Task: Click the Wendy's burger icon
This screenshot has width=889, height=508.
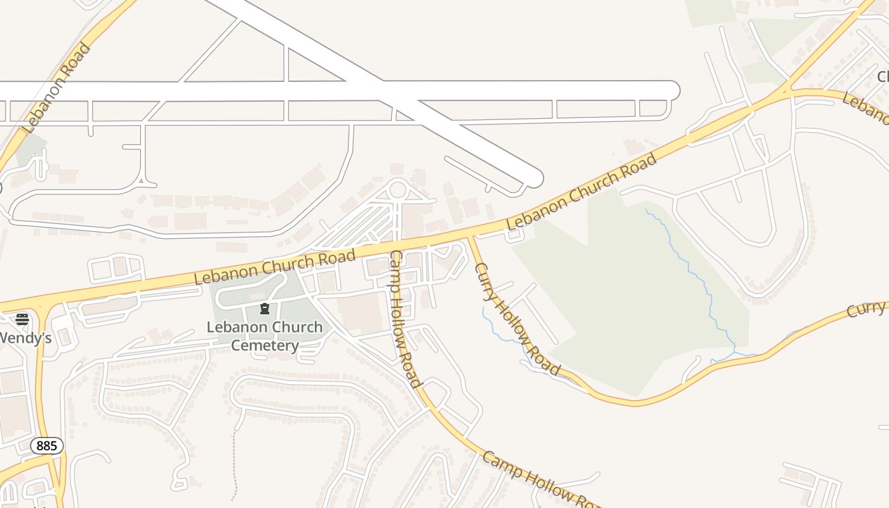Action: click(x=22, y=319)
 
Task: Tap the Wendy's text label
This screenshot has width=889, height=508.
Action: click(x=25, y=337)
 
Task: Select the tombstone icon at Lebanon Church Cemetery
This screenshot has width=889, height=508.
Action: click(x=265, y=309)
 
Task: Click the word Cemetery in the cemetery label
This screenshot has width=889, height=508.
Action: click(x=264, y=345)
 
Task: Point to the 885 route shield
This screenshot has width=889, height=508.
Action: click(x=47, y=446)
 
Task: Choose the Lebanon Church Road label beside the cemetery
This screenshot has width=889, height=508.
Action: click(x=274, y=267)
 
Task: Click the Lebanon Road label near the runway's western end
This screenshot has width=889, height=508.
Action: click(x=57, y=88)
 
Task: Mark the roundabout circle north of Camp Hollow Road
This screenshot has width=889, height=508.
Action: click(x=398, y=189)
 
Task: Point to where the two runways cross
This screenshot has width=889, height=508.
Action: click(x=381, y=91)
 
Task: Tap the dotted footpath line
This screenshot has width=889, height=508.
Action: click(x=234, y=464)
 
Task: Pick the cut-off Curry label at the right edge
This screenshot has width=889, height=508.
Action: click(x=867, y=309)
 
